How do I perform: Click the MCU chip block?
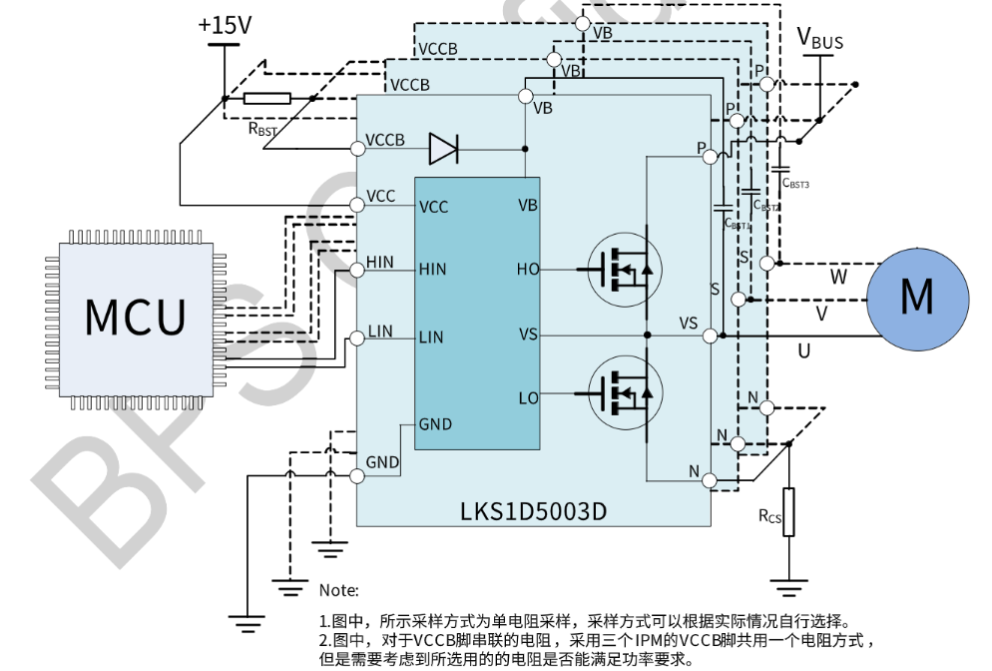[x=135, y=316]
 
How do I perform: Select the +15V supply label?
[x=225, y=26]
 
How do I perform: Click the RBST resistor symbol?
[x=267, y=98]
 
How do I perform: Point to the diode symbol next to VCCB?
[x=443, y=149]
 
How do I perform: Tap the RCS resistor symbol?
[x=788, y=512]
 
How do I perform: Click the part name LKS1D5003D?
[x=533, y=511]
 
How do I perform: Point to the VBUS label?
[x=819, y=40]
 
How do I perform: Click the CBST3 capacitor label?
[x=795, y=184]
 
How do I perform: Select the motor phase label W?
[x=838, y=277]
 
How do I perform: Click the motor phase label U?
[x=803, y=350]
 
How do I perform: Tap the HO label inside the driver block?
[x=527, y=270]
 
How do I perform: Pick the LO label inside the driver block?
[x=528, y=398]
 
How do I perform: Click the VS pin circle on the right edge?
[x=710, y=335]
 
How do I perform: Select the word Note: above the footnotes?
[x=338, y=590]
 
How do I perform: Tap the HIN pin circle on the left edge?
[x=356, y=271]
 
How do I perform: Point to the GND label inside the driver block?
[x=435, y=424]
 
